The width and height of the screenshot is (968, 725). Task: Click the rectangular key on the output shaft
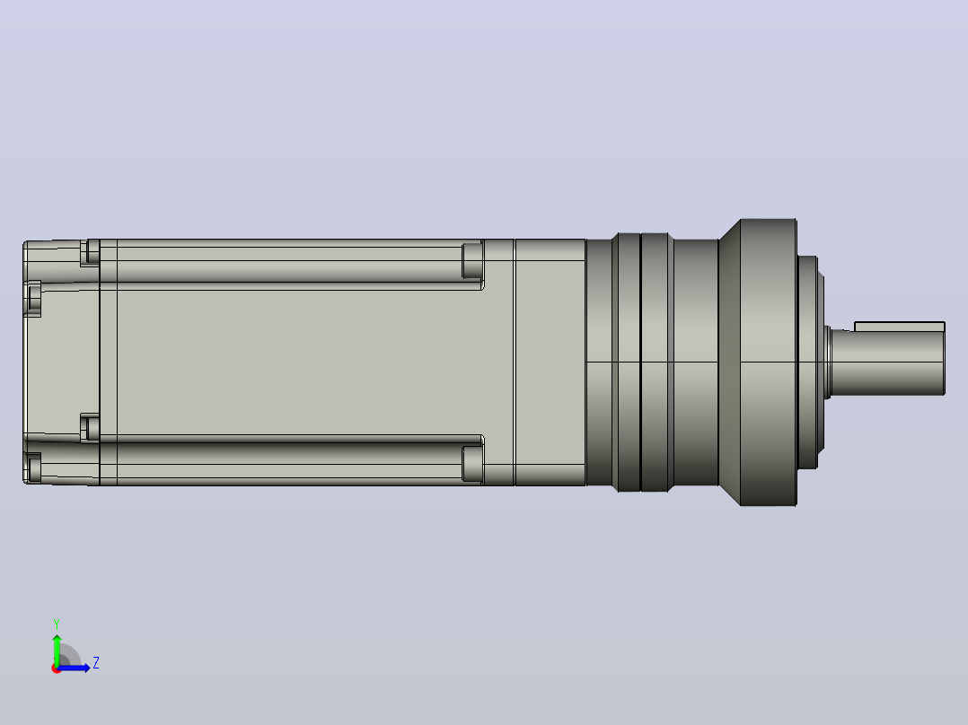900,326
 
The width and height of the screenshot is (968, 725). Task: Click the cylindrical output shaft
888,362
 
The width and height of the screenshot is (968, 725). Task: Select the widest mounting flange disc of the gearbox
768,362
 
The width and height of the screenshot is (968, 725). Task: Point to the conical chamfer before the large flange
729,362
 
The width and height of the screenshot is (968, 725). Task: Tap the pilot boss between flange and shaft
809,362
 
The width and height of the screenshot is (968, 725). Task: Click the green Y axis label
57,624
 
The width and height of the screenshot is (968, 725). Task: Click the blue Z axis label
96,663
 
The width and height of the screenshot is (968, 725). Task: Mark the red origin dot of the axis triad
57,668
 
